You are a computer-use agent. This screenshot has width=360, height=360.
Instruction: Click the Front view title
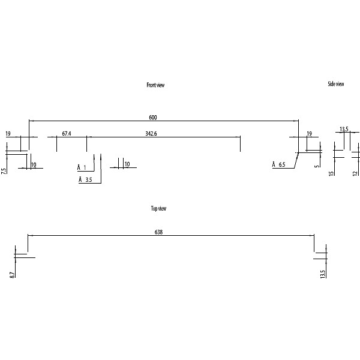coord(155,85)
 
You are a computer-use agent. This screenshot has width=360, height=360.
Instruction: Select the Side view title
coord(336,84)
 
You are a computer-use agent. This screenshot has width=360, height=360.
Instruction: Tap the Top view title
coord(158,208)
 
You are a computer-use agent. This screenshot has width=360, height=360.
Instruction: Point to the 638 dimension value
coord(159,232)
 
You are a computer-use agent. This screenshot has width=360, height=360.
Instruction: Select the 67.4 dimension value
coord(67,133)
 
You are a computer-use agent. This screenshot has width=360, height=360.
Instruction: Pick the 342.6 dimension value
coord(151,133)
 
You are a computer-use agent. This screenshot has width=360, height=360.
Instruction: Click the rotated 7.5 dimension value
coord(4,170)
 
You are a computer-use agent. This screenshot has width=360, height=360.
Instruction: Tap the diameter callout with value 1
coord(82,167)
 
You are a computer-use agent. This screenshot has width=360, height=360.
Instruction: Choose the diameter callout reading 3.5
coord(85,179)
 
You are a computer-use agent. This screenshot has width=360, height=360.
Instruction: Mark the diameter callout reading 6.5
coord(279,164)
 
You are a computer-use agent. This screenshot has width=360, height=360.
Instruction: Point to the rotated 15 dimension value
coord(331,173)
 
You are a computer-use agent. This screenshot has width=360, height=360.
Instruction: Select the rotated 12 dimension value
coord(355,173)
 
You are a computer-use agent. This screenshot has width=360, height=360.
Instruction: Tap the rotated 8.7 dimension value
coord(12,274)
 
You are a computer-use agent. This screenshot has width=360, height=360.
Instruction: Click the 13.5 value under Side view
coord(344,129)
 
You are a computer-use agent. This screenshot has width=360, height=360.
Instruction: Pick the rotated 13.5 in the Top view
coord(323,274)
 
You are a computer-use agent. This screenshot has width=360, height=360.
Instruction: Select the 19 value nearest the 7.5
coord(8,133)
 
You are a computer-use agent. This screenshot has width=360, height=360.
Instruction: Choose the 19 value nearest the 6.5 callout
coord(309,133)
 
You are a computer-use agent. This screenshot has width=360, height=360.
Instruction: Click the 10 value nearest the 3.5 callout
coord(127,164)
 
